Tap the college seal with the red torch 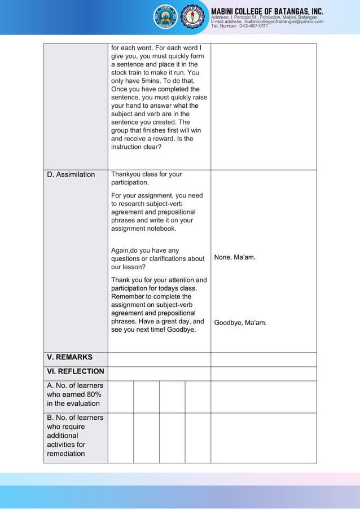[x=193, y=17]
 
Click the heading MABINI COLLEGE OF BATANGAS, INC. [x=267, y=11]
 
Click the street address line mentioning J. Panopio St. [x=264, y=17]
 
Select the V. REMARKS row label [x=69, y=357]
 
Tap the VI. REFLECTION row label [x=76, y=371]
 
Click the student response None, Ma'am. [x=235, y=257]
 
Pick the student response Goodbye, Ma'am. [x=240, y=323]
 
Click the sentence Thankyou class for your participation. [x=146, y=178]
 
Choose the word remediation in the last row [x=66, y=454]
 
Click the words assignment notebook [x=143, y=229]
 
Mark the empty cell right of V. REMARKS [x=159, y=359]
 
